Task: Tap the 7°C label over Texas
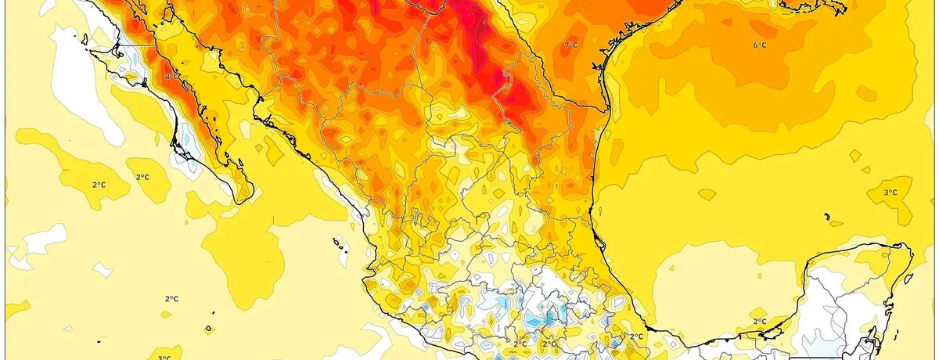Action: pyautogui.click(x=571, y=45)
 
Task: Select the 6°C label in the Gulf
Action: pyautogui.click(x=759, y=45)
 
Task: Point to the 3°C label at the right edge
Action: pyautogui.click(x=890, y=193)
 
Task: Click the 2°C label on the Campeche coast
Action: pyautogui.click(x=759, y=322)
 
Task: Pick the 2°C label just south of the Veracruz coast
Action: pyautogui.click(x=636, y=337)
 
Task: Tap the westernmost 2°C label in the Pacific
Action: pyautogui.click(x=99, y=185)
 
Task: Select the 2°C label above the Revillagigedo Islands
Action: pyautogui.click(x=172, y=299)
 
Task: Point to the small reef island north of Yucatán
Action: pyautogui.click(x=826, y=217)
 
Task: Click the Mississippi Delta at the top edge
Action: pyautogui.click(x=806, y=6)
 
